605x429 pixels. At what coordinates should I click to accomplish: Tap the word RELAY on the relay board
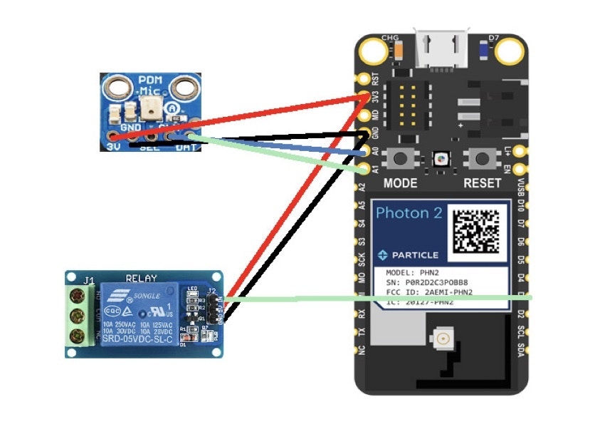[141, 278]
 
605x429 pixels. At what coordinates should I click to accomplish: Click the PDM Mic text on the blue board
[149, 86]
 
